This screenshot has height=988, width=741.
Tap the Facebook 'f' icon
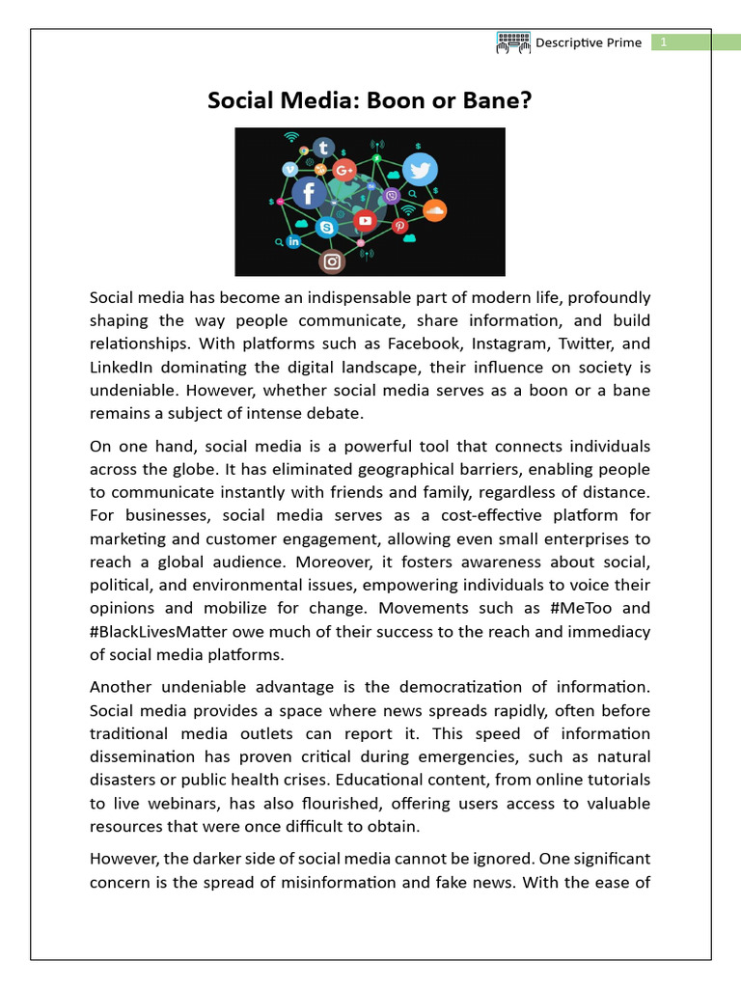click(x=309, y=193)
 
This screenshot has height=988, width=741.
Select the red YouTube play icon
click(x=365, y=221)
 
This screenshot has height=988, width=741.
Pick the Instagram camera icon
click(x=332, y=261)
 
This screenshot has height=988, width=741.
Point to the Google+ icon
click(x=343, y=171)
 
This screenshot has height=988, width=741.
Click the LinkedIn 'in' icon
click(x=293, y=241)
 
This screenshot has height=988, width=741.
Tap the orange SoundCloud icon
click(x=435, y=209)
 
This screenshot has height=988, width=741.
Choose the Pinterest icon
click(x=398, y=226)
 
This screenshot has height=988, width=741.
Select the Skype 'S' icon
click(x=326, y=228)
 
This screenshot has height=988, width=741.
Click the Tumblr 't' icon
click(x=323, y=149)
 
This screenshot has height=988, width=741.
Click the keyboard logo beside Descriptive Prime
click(x=513, y=41)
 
